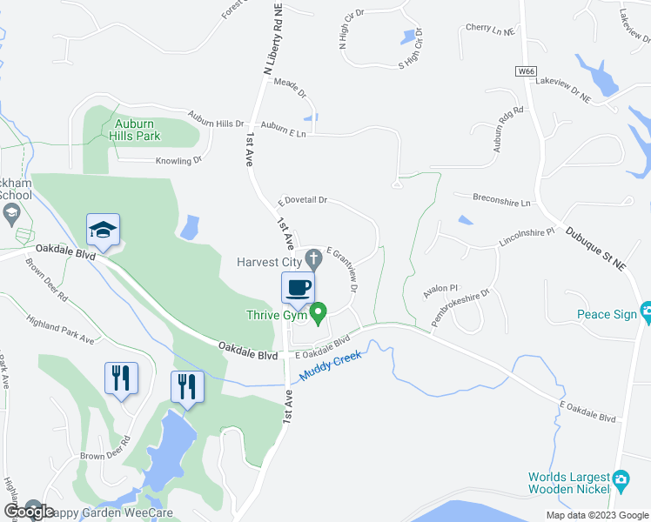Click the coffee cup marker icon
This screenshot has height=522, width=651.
298,287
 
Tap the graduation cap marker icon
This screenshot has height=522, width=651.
103,230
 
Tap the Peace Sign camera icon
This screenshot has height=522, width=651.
646,311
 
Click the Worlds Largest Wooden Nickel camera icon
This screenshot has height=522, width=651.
621,478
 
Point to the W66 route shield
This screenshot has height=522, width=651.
524,73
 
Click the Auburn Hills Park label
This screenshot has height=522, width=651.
137,130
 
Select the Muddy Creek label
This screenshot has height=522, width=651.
331,365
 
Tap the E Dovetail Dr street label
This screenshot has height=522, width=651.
303,200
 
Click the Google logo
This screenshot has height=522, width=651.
28,512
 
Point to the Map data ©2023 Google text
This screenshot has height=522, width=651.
596,515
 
